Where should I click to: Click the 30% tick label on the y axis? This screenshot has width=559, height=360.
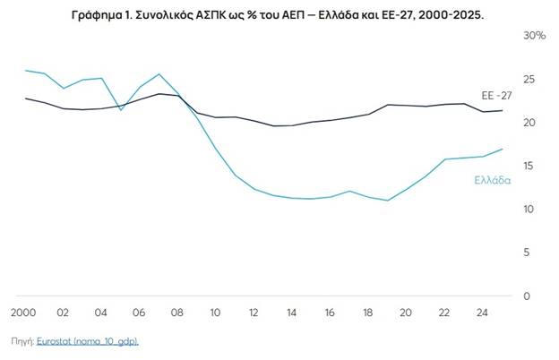click(x=534, y=36)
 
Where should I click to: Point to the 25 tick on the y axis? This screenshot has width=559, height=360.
click(x=529, y=79)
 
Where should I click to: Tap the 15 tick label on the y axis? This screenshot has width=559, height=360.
click(x=529, y=166)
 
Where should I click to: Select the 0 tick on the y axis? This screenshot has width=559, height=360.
click(x=527, y=296)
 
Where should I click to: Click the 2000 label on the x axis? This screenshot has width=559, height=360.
click(x=23, y=313)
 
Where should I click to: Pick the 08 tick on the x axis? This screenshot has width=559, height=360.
click(x=176, y=313)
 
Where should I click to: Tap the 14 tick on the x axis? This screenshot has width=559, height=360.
click(x=291, y=313)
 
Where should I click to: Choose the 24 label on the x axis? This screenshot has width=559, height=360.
click(x=482, y=313)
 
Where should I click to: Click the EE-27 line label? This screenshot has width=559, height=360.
click(x=496, y=96)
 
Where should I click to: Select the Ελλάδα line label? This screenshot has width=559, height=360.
click(x=493, y=180)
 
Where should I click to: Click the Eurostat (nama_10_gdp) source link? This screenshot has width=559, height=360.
click(x=88, y=341)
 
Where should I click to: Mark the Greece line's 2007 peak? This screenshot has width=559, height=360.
click(x=159, y=74)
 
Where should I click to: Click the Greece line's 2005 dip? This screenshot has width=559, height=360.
click(x=121, y=110)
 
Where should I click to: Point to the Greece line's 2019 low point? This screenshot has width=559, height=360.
click(x=388, y=201)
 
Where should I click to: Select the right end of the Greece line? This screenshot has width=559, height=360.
click(x=503, y=149)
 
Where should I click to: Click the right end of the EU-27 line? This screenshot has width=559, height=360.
click(x=503, y=110)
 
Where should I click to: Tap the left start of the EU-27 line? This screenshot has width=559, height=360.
click(x=25, y=99)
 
